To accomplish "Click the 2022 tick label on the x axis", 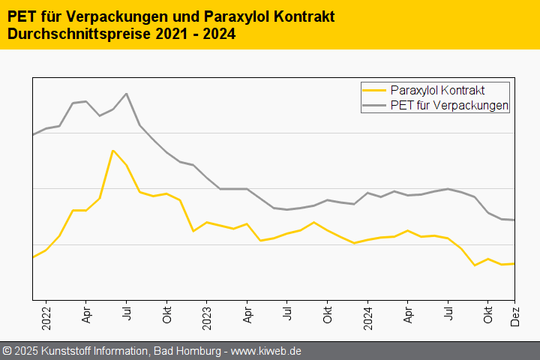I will (46, 316).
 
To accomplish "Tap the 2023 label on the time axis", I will (206, 316).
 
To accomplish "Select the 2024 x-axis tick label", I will (367, 316).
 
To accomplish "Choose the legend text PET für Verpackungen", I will (449, 106).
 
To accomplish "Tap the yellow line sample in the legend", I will (374, 91).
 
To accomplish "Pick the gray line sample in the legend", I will (374, 106).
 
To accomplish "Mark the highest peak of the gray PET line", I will (126, 94).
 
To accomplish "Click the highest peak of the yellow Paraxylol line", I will (112, 151).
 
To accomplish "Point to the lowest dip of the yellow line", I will (474, 265).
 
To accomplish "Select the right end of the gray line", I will (514, 220).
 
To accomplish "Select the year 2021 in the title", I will (159, 34).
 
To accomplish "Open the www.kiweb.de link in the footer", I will (266, 351).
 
